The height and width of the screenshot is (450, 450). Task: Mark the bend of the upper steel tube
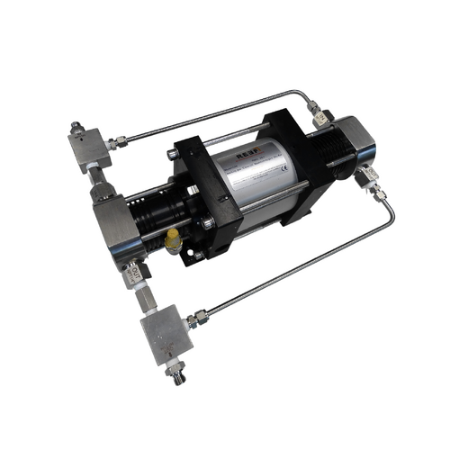pyautogui.click(x=303, y=94)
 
